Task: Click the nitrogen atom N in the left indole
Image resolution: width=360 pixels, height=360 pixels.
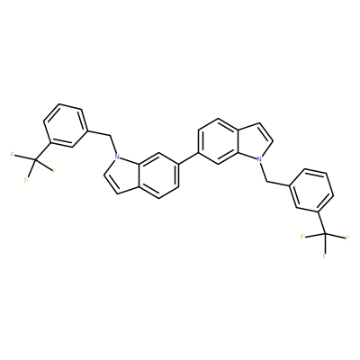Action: pos(117,157)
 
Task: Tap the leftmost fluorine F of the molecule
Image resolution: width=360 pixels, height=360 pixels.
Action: pos(13,155)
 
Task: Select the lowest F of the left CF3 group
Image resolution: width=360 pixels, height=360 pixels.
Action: pos(26,180)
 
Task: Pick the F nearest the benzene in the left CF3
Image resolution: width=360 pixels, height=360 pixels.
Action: pos(54,171)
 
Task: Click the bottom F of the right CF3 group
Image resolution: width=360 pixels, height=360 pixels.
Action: pos(324,256)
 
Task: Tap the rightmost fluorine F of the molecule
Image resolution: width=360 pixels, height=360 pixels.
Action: pos(347,238)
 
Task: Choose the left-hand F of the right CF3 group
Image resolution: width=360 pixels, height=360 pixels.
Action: pos(301,237)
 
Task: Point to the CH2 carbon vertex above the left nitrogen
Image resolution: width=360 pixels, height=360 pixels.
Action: pos(110,137)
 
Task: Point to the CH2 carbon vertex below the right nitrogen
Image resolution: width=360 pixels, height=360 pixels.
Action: pos(266,181)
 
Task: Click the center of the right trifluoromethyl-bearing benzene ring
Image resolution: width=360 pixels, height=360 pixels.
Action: pos(310,192)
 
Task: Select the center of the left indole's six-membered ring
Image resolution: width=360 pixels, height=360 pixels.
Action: pos(158,176)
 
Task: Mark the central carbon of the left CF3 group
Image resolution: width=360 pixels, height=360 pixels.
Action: pos(35,161)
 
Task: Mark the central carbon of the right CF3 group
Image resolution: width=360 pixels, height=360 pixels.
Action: pos(324,233)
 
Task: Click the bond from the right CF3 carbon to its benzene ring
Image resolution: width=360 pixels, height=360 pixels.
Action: pos(320,223)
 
